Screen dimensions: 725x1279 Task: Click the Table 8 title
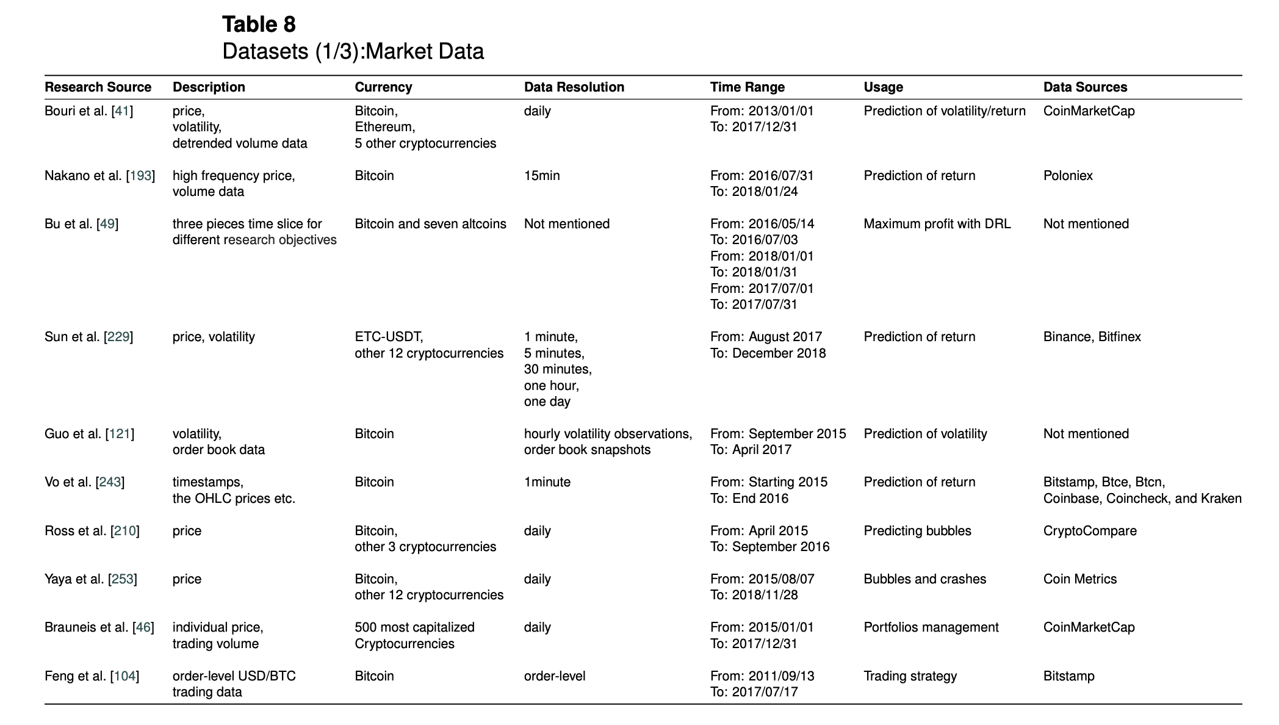click(x=259, y=24)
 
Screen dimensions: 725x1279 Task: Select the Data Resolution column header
click(x=574, y=87)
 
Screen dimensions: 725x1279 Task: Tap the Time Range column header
click(x=747, y=87)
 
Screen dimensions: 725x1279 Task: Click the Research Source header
click(x=98, y=87)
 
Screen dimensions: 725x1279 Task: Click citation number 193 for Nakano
click(x=140, y=176)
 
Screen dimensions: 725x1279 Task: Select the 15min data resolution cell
click(x=541, y=176)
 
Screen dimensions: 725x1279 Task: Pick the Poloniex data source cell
click(x=1067, y=176)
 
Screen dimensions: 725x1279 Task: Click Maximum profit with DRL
click(x=937, y=224)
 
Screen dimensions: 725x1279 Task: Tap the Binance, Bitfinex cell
click(x=1092, y=337)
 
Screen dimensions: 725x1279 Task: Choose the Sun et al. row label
click(x=88, y=337)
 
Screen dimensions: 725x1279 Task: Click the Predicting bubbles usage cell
click(x=917, y=531)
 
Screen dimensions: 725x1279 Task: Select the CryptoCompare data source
click(x=1090, y=531)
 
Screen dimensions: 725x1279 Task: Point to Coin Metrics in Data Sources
click(x=1079, y=579)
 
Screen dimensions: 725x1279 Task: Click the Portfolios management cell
click(x=931, y=627)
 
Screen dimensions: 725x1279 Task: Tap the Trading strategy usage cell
click(x=910, y=676)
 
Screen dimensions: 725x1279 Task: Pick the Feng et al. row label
click(x=92, y=676)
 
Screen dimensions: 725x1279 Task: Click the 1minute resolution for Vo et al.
click(x=547, y=482)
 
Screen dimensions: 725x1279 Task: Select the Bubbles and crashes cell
click(x=924, y=579)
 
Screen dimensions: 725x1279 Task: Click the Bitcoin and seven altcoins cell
click(x=430, y=224)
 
